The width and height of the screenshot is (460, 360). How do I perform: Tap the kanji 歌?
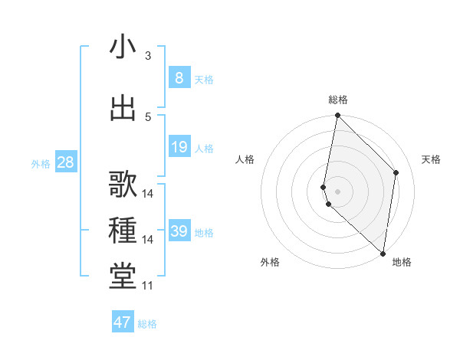pos(123,185)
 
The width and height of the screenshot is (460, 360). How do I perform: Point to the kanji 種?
pos(123,231)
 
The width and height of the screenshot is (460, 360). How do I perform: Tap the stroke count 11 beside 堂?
pos(147,286)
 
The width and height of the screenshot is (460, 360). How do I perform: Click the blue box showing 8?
pos(179,77)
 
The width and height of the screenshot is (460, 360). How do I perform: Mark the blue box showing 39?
pos(179,231)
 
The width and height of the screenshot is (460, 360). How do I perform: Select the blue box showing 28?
pos(65,162)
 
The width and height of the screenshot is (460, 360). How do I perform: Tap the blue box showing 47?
pos(123,322)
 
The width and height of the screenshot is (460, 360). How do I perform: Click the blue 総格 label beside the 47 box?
pos(147,324)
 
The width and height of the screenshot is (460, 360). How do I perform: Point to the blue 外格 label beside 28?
pos(40,164)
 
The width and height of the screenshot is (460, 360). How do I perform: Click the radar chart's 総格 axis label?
pos(337,100)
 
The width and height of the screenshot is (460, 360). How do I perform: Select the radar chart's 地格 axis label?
pos(402,262)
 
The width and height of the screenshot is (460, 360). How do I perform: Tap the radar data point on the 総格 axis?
pos(337,116)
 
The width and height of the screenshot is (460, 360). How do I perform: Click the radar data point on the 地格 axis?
pos(383,254)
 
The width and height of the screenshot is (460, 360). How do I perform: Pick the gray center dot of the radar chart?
pos(337,191)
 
